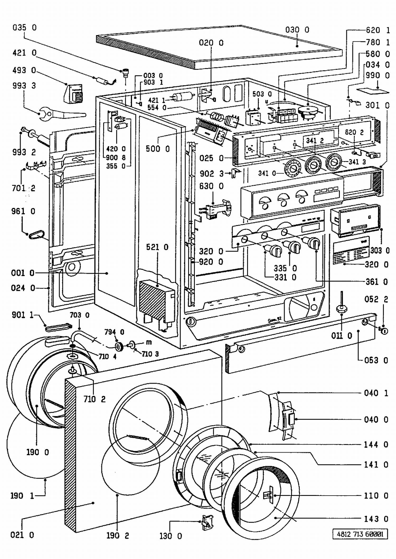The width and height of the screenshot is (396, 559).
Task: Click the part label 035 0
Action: click(25, 27)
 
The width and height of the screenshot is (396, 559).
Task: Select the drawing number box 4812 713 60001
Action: click(360, 534)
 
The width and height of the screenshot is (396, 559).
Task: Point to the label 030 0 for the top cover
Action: click(297, 30)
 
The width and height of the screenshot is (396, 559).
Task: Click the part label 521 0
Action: click(157, 247)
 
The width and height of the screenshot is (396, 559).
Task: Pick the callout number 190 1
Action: click(22, 496)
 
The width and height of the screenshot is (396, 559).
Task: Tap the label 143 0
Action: click(376, 519)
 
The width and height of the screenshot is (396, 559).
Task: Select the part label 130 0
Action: click(171, 536)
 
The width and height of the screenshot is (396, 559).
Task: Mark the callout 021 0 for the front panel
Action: click(22, 535)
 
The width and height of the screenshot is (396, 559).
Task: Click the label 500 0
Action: click(158, 149)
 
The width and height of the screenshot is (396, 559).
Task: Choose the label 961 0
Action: click(23, 211)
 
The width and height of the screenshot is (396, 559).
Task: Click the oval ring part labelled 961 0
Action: click(37, 235)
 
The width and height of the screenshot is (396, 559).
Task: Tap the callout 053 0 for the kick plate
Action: click(376, 360)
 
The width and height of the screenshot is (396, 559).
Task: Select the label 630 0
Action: click(211, 186)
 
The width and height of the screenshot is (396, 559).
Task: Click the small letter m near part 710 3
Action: click(149, 342)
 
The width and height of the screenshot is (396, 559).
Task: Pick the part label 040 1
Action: click(376, 393)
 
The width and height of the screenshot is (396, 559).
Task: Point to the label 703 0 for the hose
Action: click(79, 315)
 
